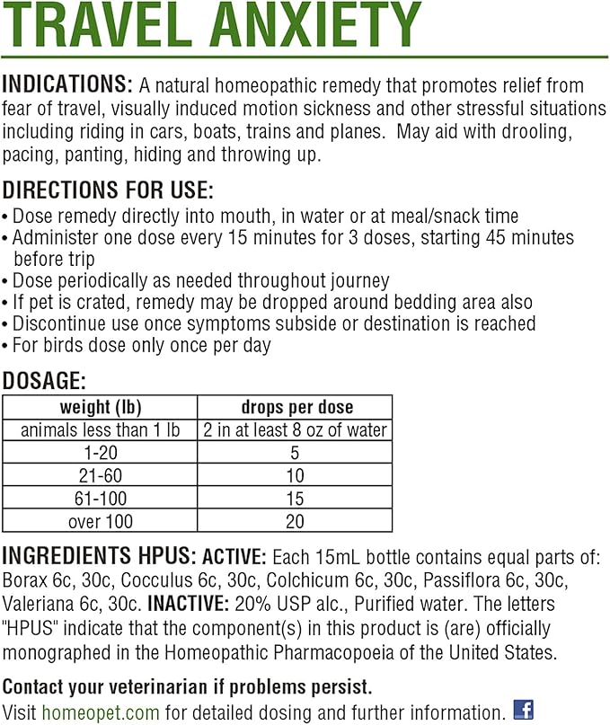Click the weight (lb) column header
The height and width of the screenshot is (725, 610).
[100, 407]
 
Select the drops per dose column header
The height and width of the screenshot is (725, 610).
[296, 407]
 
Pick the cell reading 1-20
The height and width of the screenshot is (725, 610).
[100, 453]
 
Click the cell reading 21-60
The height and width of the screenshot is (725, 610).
[100, 475]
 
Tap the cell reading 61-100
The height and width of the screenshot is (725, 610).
[100, 498]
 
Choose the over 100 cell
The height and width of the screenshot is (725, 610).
[100, 520]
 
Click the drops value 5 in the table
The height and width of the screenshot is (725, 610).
[296, 453]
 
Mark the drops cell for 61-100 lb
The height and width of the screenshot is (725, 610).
[296, 498]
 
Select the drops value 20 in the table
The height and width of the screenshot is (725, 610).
[296, 520]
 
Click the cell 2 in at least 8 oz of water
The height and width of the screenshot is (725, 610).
[296, 429]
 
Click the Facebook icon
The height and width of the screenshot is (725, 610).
[524, 710]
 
